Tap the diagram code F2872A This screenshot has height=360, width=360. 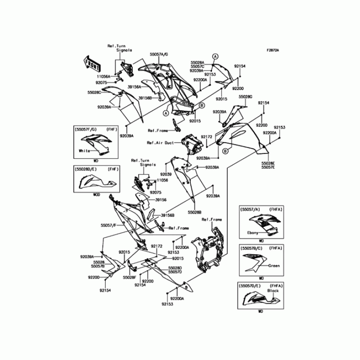[272, 50]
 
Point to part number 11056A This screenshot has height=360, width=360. [103, 76]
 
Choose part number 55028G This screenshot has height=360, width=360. [245, 97]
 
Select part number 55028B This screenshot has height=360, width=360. [195, 211]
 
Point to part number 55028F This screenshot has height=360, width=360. [130, 278]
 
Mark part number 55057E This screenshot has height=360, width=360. [268, 167]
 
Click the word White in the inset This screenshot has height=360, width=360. [84, 151]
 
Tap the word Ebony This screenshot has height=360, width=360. [253, 233]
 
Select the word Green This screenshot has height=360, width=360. [274, 266]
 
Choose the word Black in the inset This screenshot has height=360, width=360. [273, 291]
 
